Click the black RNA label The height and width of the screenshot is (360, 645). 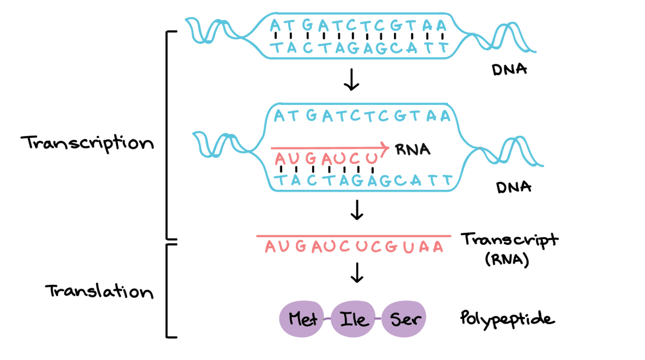click(x=412, y=150)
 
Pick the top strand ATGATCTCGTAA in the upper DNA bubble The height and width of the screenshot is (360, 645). click(x=358, y=26)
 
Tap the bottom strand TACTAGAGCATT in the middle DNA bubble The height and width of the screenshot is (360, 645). click(x=364, y=181)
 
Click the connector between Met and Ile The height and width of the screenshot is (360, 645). click(x=328, y=318)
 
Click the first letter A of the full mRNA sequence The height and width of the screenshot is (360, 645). click(x=270, y=248)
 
